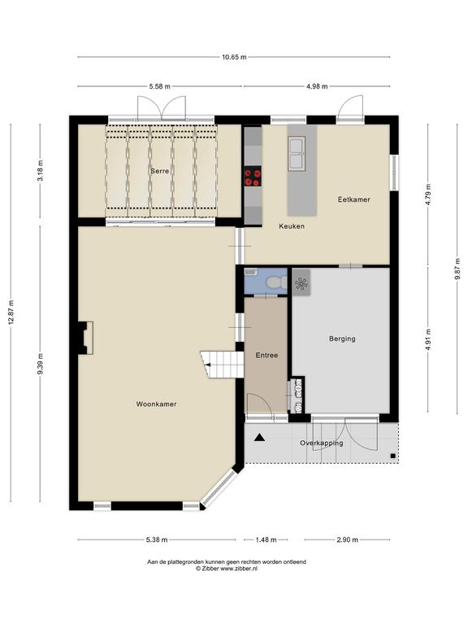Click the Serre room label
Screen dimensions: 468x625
(159, 171)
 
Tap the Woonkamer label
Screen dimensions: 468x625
(156, 404)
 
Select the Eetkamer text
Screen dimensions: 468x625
(353, 199)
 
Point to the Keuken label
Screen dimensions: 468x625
(292, 226)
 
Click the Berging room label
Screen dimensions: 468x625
(342, 339)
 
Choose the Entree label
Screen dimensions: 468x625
(266, 355)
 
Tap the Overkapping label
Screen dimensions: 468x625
(322, 443)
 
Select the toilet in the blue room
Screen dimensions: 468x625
(276, 282)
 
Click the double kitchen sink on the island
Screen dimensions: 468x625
(297, 152)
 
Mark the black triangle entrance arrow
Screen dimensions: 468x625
(260, 437)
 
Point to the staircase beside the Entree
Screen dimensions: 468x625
(222, 365)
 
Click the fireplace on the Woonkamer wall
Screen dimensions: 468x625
(85, 338)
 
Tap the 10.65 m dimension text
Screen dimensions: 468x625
(234, 57)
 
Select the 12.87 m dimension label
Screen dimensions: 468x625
(11, 312)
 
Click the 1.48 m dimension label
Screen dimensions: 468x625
(266, 540)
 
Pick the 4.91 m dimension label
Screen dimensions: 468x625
(428, 339)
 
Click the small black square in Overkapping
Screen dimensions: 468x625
(392, 456)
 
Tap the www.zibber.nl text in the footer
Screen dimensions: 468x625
(238, 568)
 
